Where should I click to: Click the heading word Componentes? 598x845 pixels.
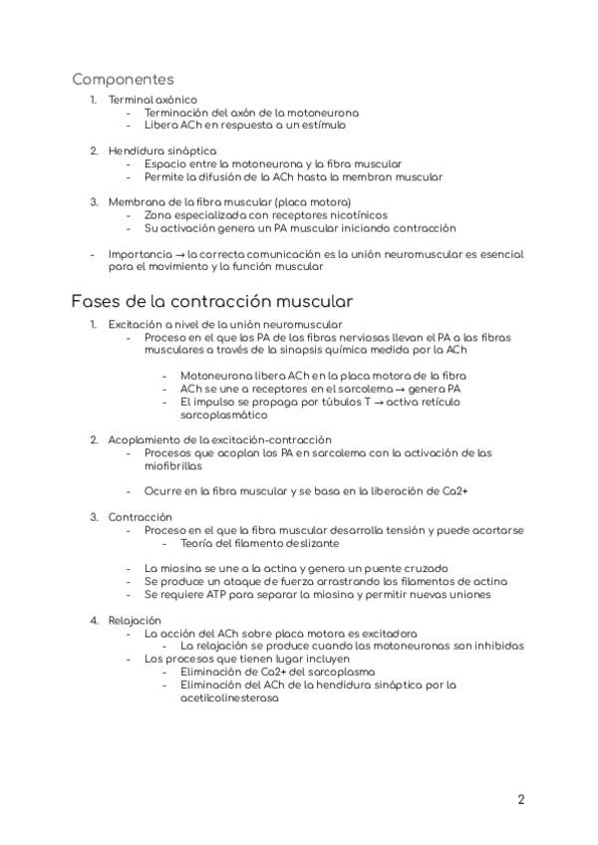123,79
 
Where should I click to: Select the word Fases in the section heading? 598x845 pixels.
98,300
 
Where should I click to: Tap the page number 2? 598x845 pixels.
521,800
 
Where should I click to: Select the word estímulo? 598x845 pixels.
319,126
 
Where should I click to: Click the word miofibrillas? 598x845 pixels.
172,465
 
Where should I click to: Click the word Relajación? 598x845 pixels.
135,620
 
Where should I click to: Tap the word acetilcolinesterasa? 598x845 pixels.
229,698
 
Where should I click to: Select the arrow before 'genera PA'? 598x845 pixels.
394,388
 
